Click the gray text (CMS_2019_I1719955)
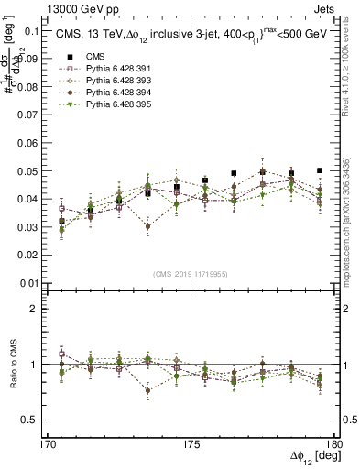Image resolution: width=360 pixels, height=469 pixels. (191, 274)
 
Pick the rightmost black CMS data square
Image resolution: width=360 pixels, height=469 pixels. (320, 170)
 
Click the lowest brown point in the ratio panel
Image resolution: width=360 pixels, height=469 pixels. (147, 390)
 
